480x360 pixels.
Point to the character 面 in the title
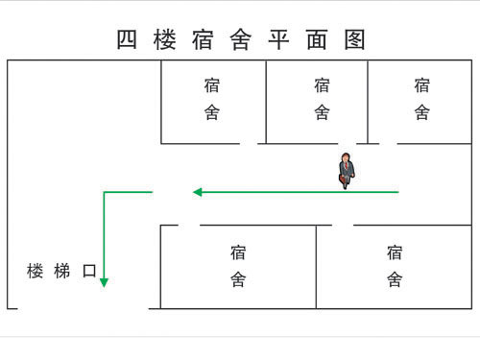(319, 40)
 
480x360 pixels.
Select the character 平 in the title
(281, 40)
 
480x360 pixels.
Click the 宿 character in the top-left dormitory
(213, 84)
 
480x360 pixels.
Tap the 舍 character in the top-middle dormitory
(323, 112)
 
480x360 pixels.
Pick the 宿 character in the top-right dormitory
(422, 84)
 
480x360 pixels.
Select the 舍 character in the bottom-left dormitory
(239, 280)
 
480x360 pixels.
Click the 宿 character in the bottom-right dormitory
(395, 252)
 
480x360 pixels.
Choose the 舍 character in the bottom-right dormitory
(395, 280)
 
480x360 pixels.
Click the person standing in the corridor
(346, 170)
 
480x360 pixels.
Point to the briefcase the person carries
(343, 179)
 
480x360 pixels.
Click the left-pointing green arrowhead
(198, 192)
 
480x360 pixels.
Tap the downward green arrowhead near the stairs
(104, 282)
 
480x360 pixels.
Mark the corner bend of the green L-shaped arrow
(104, 193)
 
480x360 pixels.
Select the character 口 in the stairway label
(89, 272)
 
